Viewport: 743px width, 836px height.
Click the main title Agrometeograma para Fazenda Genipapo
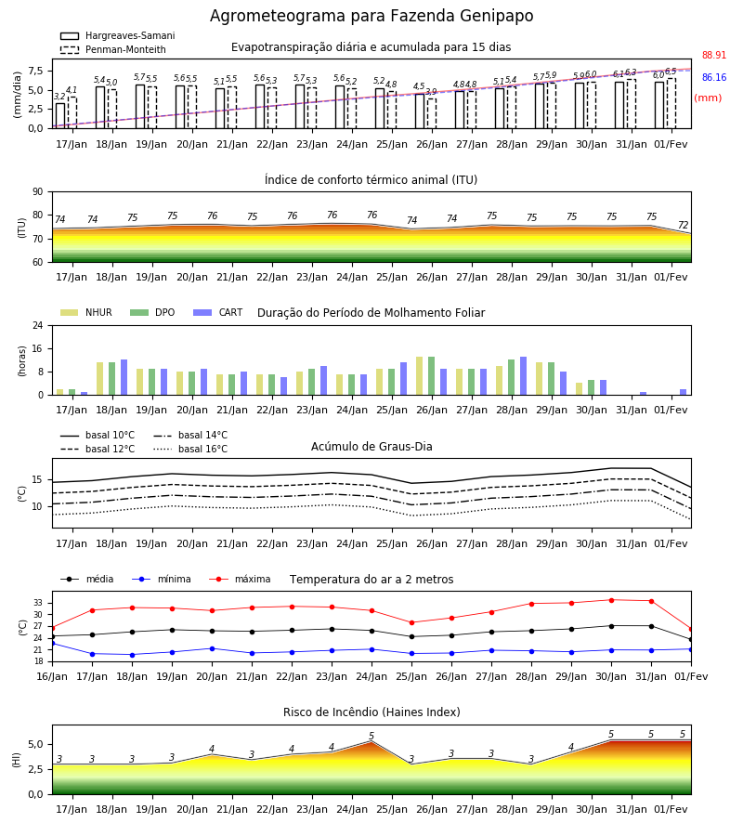(371, 16)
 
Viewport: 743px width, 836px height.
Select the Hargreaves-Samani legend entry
(118, 35)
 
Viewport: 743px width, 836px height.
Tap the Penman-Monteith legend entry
(113, 49)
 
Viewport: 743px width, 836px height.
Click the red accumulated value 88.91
(714, 56)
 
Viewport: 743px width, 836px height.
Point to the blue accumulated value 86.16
(714, 78)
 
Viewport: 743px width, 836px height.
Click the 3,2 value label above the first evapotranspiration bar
(59, 97)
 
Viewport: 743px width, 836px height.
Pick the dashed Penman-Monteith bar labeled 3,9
(432, 113)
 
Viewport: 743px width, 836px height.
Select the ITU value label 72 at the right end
(683, 225)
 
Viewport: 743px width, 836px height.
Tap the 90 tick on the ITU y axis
(38, 192)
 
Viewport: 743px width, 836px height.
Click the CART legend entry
(218, 312)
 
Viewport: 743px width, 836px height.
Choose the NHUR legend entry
(86, 312)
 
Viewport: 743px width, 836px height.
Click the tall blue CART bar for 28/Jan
(524, 376)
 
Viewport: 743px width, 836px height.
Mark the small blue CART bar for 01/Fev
(684, 392)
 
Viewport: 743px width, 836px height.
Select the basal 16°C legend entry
(190, 449)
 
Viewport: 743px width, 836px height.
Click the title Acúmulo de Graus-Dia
(371, 447)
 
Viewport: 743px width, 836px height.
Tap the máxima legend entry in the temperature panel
(240, 579)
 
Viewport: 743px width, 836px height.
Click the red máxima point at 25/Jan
(412, 622)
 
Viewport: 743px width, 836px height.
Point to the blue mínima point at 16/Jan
(53, 644)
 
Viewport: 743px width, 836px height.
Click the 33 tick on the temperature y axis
(38, 603)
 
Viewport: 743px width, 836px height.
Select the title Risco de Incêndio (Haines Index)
(371, 712)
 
